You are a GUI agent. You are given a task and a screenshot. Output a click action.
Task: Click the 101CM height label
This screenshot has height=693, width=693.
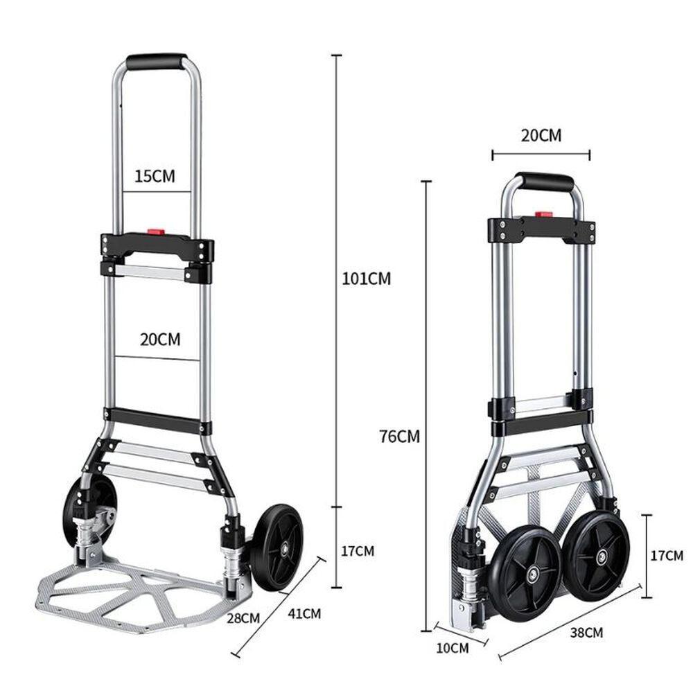pyautogui.click(x=366, y=279)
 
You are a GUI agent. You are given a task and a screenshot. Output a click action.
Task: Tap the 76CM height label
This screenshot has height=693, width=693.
pyautogui.click(x=400, y=437)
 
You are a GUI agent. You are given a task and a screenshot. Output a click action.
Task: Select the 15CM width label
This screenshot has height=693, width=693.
pyautogui.click(x=155, y=175)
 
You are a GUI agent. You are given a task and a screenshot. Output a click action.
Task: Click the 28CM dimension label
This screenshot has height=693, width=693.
pyautogui.click(x=243, y=617)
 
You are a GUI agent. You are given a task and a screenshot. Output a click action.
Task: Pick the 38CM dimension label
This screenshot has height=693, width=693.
pyautogui.click(x=586, y=632)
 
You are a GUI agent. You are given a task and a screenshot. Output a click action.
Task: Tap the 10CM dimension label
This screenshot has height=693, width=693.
pyautogui.click(x=453, y=648)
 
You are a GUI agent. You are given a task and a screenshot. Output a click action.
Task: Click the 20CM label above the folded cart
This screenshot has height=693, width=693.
pyautogui.click(x=541, y=135)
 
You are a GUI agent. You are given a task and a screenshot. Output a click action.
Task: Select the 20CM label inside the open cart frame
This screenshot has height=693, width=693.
pyautogui.click(x=160, y=340)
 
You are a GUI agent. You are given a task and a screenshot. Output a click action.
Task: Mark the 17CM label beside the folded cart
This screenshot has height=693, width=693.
pyautogui.click(x=667, y=555)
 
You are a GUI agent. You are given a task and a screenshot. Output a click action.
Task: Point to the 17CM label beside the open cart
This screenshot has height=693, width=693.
pyautogui.click(x=358, y=551)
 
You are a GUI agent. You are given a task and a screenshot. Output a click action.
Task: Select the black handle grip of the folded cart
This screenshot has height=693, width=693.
pyautogui.click(x=545, y=182)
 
